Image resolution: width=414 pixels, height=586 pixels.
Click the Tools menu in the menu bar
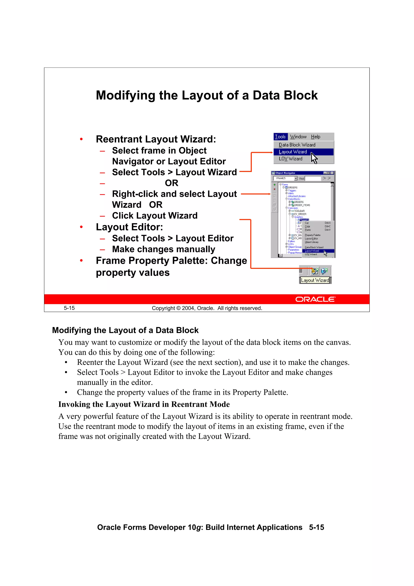pos(280,137)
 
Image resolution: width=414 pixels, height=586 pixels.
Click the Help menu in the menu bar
pos(316,137)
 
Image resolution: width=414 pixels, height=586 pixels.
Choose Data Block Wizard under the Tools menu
pos(297,145)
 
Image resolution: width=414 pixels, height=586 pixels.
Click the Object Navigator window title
pos(285,173)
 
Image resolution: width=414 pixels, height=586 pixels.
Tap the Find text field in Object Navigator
pos(313,178)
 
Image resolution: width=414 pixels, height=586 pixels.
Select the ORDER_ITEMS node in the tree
pos(302,205)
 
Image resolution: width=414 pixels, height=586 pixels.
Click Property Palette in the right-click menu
pos(313,235)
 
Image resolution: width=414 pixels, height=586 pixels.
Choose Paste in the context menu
pos(308,230)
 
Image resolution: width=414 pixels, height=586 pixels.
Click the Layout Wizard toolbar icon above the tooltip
pos(315,271)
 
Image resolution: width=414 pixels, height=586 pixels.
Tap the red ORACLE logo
pos(315,299)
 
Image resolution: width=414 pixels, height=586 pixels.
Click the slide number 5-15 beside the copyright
pos(69,308)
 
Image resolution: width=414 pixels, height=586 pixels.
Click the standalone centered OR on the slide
pos(171,183)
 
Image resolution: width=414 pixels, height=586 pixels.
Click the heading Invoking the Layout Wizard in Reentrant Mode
pos(144,404)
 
